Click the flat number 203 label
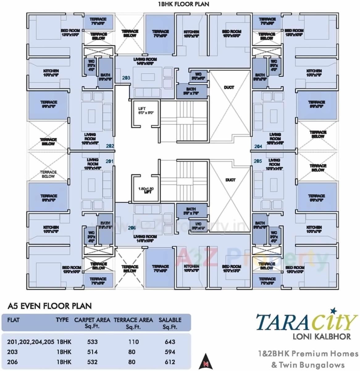(126, 78)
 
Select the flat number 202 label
(110, 146)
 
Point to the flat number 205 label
(258, 161)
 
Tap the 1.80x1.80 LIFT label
(146, 190)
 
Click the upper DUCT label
(229, 88)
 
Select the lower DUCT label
(230, 180)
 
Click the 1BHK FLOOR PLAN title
(183, 4)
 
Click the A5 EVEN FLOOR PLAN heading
(49, 306)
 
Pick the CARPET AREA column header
(92, 323)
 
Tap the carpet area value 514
(92, 352)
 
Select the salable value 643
(170, 342)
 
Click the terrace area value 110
(133, 342)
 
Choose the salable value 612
(170, 362)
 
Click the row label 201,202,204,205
(31, 342)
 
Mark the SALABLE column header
(170, 323)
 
